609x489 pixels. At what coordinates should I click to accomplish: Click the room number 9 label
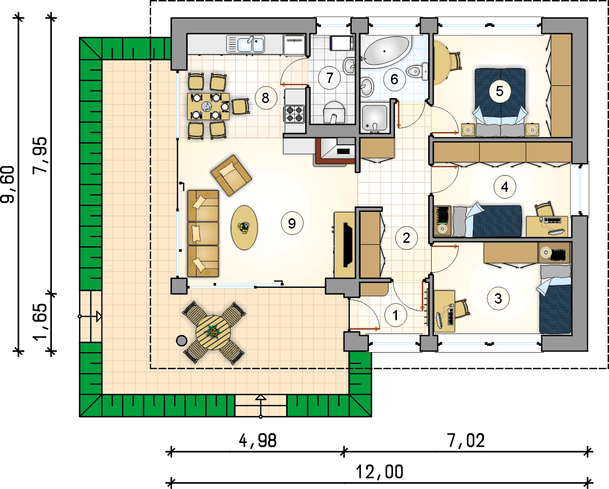[x=292, y=223]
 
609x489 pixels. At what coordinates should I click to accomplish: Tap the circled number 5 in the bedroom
[x=499, y=91]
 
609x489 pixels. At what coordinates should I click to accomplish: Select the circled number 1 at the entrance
[x=396, y=315]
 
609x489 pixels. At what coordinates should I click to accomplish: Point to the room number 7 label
[x=330, y=77]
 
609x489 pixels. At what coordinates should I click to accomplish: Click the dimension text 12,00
[x=380, y=472]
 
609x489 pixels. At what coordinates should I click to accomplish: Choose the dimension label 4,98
[x=258, y=440]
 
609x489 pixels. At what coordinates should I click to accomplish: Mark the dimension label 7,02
[x=466, y=440]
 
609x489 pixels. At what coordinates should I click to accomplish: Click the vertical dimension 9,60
[x=8, y=184]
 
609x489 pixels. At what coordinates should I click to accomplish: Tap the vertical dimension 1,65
[x=41, y=322]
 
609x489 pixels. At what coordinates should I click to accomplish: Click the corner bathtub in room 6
[x=386, y=51]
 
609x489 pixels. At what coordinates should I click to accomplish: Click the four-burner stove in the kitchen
[x=294, y=114]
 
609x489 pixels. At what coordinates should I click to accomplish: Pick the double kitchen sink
[x=251, y=44]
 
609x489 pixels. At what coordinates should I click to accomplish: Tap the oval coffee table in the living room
[x=244, y=227]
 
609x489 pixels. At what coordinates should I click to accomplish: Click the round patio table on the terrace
[x=213, y=332]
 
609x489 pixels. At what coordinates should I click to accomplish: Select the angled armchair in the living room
[x=231, y=175]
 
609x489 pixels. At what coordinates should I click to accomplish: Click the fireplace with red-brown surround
[x=336, y=151]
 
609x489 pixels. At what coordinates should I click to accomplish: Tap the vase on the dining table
[x=207, y=106]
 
